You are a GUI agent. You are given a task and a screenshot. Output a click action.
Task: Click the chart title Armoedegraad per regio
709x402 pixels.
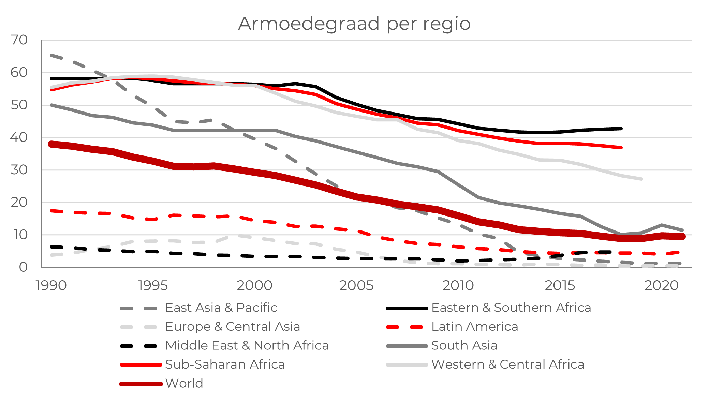[x=354, y=24]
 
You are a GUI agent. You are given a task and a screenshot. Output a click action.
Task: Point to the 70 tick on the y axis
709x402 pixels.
[x=19, y=40]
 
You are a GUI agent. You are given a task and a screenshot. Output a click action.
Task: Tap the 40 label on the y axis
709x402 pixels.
[x=19, y=137]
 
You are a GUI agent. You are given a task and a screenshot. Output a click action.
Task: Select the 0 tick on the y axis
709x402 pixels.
[x=23, y=267]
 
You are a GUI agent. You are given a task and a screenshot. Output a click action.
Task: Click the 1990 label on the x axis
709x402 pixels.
[x=51, y=285]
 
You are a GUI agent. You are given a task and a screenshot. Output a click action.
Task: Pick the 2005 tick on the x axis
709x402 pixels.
[x=356, y=285]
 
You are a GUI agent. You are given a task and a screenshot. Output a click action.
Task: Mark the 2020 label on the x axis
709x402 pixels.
[x=662, y=285]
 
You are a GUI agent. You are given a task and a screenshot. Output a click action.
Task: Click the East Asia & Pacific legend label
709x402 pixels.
[x=221, y=308]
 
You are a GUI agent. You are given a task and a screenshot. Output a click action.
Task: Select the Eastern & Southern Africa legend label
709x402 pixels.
[x=511, y=308]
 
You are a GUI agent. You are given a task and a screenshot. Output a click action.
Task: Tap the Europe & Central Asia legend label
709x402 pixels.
[x=233, y=327]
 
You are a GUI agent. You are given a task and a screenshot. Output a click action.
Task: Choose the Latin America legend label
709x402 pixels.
[x=474, y=327]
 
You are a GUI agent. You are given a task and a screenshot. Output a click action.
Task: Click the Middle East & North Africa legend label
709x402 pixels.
[x=247, y=345]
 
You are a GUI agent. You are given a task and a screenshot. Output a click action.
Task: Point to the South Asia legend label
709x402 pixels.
[x=464, y=345]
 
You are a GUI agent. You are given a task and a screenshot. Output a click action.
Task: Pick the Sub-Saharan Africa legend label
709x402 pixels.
[x=225, y=364]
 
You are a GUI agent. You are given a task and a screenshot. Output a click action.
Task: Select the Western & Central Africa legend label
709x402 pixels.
[x=507, y=364]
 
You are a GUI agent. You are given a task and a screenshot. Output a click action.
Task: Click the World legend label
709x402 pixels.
[x=184, y=383]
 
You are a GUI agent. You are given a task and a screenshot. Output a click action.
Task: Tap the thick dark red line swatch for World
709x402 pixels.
[x=141, y=384]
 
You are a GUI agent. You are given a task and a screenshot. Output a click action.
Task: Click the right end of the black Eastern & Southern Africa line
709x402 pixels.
[x=621, y=129]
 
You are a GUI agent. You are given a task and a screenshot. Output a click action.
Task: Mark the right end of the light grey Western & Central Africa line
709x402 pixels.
[x=641, y=179]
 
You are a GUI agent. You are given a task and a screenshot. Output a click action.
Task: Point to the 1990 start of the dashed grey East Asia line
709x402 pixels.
[x=51, y=55]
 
